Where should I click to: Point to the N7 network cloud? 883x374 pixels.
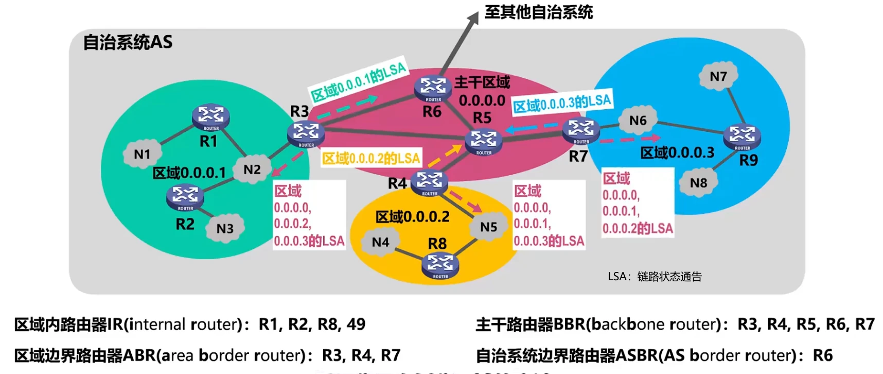tap(718, 76)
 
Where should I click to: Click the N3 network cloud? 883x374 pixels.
tap(225, 228)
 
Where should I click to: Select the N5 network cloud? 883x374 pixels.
tap(488, 227)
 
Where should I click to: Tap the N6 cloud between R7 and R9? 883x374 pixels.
tap(638, 120)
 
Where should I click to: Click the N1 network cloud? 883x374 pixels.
tap(142, 154)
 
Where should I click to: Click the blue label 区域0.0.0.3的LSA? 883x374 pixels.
tap(562, 103)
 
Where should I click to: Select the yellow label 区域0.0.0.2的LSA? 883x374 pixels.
tap(371, 158)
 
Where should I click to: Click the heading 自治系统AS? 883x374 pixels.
tap(128, 42)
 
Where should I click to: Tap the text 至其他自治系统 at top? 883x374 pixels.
tap(538, 12)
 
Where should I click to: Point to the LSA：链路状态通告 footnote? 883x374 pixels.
tap(654, 277)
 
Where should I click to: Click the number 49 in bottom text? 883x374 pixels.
tap(356, 324)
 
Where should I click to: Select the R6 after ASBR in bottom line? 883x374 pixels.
tap(822, 355)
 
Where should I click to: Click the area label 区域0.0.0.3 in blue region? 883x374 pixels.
tap(677, 152)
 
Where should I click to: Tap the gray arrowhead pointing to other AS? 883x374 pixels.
tap(473, 19)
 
